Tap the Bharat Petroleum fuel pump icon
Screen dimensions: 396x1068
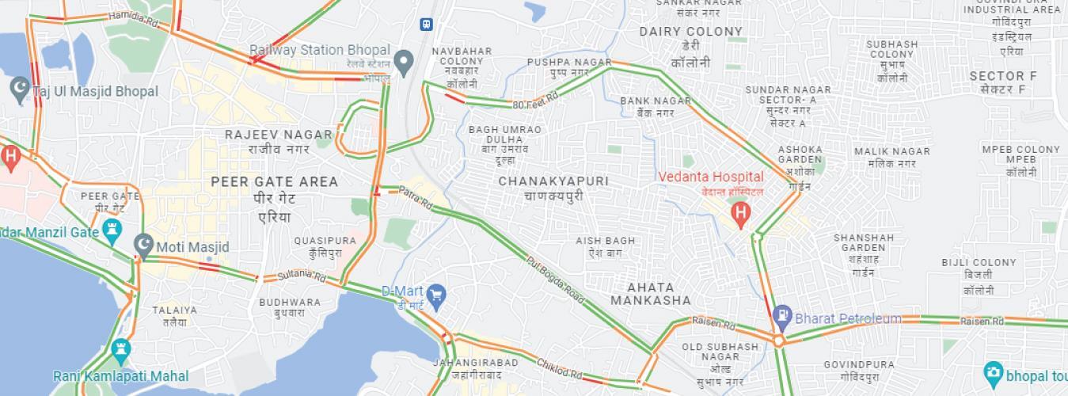tap(782, 314)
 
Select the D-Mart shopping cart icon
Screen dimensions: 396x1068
tap(436, 297)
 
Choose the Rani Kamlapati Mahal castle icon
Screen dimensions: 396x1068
tap(120, 349)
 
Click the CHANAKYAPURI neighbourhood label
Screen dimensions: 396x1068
tap(553, 181)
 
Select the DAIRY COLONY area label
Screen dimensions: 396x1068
tap(691, 32)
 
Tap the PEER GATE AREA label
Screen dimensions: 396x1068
tap(274, 182)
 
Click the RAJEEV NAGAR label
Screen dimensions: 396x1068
tap(276, 135)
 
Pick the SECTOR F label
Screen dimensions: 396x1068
tap(1002, 76)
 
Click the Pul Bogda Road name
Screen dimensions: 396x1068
tap(555, 281)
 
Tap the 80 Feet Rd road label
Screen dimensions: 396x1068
tap(535, 100)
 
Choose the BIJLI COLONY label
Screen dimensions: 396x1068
tap(979, 263)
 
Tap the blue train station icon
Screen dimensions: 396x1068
tap(427, 24)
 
